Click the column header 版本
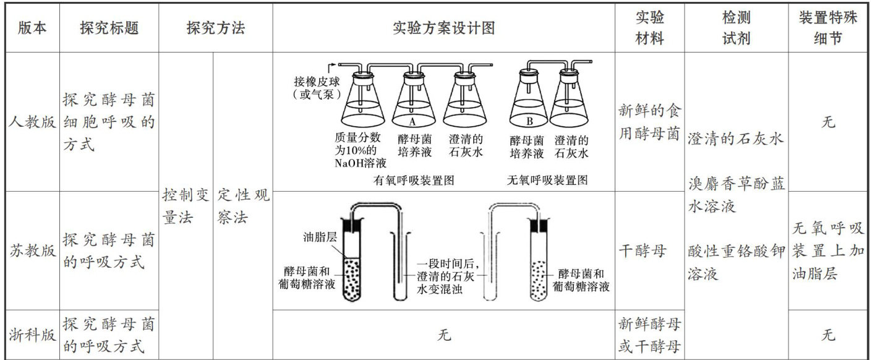(x=32, y=28)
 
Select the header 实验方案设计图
(x=443, y=28)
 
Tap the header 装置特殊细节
(x=828, y=28)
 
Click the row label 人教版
(x=32, y=122)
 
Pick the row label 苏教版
(x=32, y=251)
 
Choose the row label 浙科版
(x=32, y=335)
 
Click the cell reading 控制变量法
(x=186, y=207)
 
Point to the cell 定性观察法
(x=242, y=207)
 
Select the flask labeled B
(x=529, y=103)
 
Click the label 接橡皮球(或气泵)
(x=317, y=88)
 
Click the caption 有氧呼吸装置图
(x=414, y=181)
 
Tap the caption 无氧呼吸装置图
(x=547, y=181)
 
